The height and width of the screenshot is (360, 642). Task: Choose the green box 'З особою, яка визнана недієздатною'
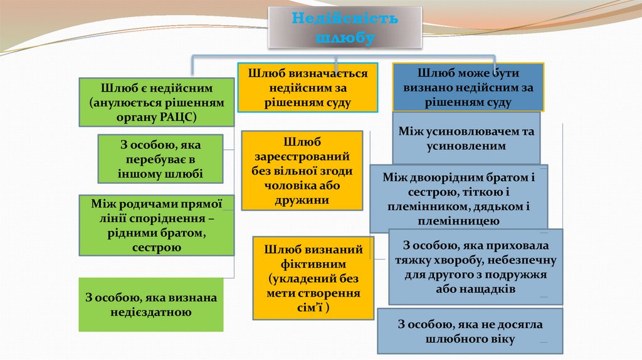click(151, 304)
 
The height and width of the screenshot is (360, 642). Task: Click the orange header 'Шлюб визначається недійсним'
click(307, 88)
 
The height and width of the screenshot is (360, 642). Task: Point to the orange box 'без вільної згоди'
click(302, 171)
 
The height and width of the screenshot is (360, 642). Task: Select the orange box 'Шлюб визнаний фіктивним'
click(313, 278)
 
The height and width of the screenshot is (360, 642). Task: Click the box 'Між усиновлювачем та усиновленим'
click(466, 138)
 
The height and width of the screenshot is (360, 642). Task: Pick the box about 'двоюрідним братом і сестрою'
click(458, 198)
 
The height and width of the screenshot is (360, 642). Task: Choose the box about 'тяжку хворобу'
click(475, 267)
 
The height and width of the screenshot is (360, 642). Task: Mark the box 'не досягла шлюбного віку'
click(470, 331)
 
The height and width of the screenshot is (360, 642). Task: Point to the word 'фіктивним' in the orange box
click(314, 264)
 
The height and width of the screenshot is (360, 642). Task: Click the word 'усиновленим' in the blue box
click(466, 146)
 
